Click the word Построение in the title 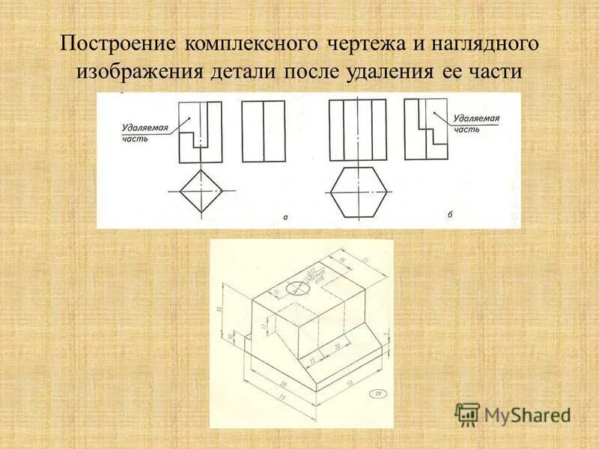pyautogui.click(x=114, y=43)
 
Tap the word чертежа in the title pyautogui.click(x=361, y=43)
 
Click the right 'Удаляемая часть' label pyautogui.click(x=476, y=123)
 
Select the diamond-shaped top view pyautogui.click(x=200, y=192)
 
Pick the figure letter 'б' pyautogui.click(x=450, y=215)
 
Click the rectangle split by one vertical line pyautogui.click(x=264, y=131)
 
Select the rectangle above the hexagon pyautogui.click(x=358, y=131)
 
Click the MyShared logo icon pyautogui.click(x=467, y=414)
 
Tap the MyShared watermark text pyautogui.click(x=528, y=415)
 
